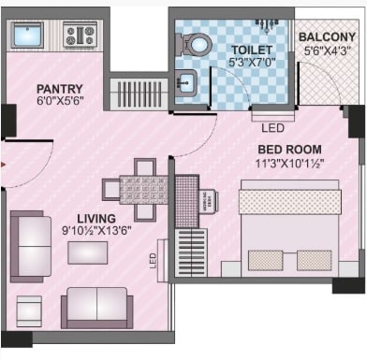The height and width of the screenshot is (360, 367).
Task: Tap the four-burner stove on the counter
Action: tap(80, 36)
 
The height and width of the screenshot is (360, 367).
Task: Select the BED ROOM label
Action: tap(290, 150)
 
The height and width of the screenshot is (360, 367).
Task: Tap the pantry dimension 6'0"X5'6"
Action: tap(61, 103)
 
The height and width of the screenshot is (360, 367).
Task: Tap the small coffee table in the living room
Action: tap(87, 252)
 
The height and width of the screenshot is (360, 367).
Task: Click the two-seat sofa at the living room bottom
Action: tap(95, 306)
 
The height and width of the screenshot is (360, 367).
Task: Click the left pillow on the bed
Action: tap(264, 260)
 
